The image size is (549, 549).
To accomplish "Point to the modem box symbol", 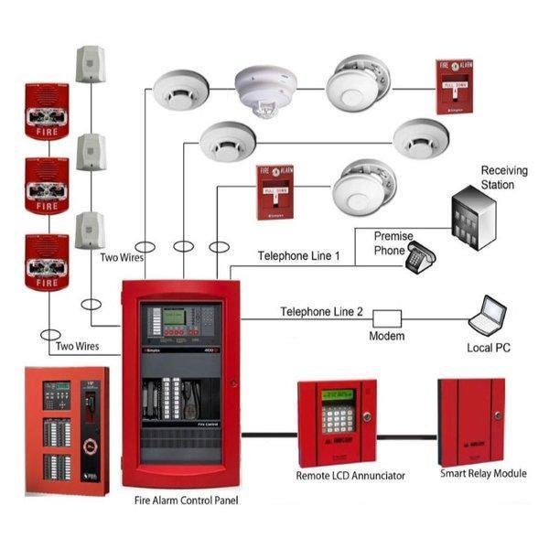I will point(386,318).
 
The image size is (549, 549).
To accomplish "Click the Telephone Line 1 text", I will point(298,256).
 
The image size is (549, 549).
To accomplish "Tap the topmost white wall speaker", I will point(90,63).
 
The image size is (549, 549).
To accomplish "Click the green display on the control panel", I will point(175,318).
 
